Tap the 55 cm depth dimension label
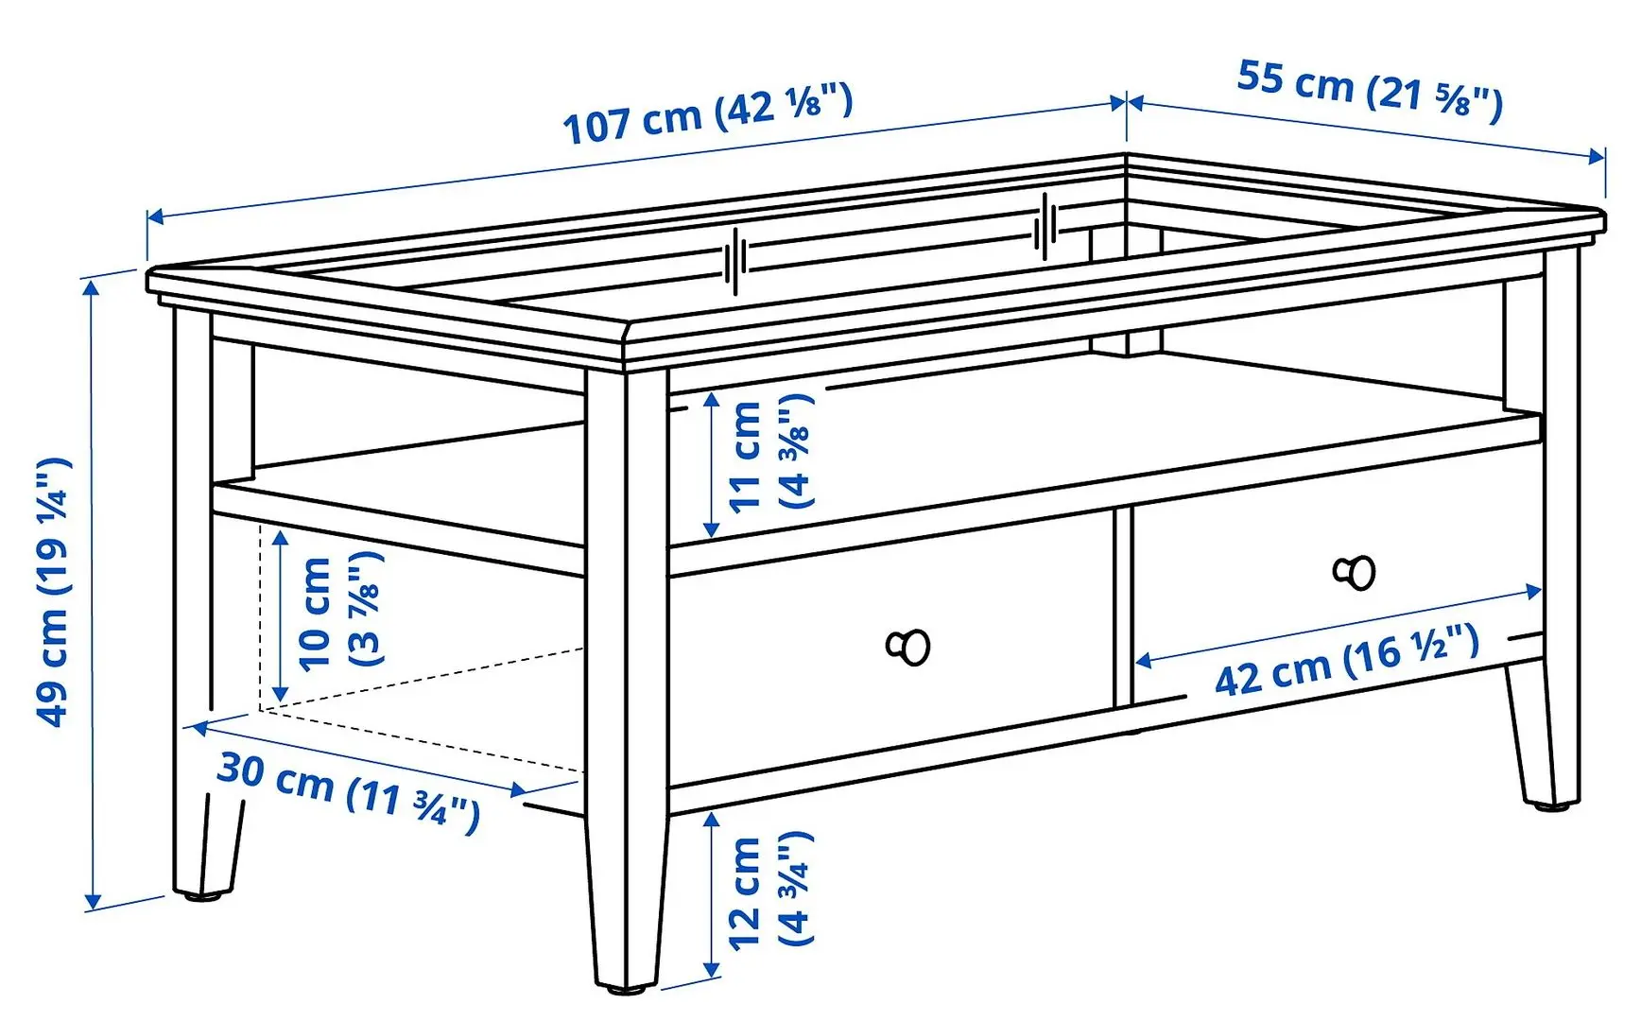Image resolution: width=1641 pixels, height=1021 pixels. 1369,90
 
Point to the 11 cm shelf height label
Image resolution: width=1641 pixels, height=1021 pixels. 770,454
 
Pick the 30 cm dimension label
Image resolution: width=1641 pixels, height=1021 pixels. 348,792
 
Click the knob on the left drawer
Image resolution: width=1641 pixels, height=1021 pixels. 909,647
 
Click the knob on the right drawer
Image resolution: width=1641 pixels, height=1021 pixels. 1356,572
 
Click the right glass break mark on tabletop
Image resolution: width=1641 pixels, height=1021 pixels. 1046,226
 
